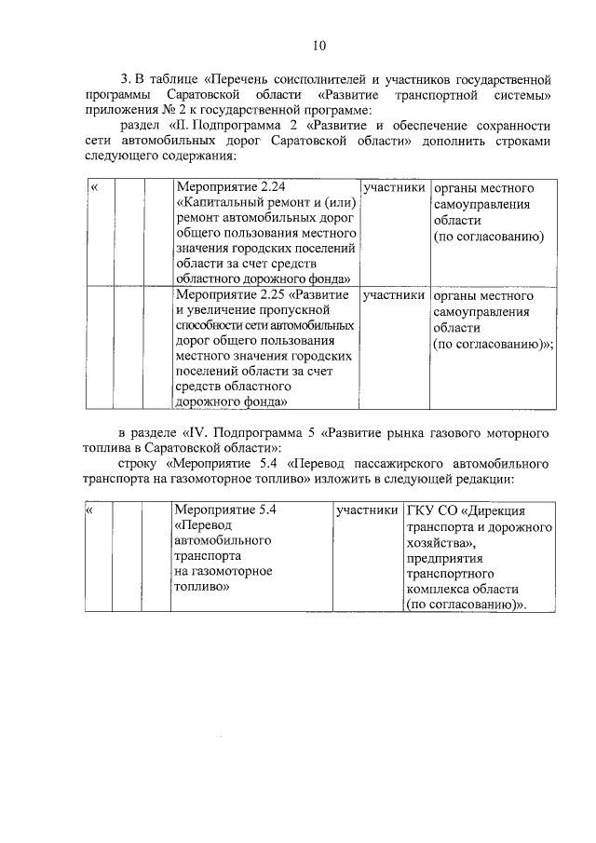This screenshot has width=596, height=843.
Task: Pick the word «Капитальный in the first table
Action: pos(217,205)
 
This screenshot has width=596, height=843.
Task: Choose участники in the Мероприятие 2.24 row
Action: pos(395,188)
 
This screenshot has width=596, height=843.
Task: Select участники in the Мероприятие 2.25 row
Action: pos(395,295)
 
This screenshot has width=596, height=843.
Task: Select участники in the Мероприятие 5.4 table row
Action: pos(369,511)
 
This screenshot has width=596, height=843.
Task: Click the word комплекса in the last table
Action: pos(439,589)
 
